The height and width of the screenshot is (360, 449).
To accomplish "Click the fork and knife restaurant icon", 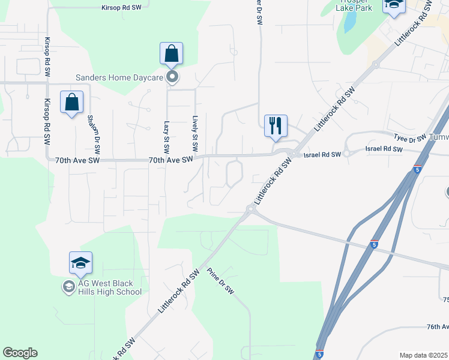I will (x=276, y=126).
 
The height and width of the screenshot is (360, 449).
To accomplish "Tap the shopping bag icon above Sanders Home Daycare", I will (x=172, y=54).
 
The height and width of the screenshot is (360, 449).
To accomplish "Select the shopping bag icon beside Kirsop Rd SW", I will (x=72, y=103).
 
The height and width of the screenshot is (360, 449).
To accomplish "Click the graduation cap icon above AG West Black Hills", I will (x=80, y=263).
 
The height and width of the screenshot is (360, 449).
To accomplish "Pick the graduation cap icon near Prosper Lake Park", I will (x=394, y=5).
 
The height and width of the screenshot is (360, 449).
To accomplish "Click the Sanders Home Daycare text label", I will (x=120, y=77).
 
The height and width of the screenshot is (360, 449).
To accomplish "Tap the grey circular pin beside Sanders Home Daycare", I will (x=172, y=77).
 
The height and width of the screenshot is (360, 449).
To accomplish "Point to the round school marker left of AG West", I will (x=68, y=287).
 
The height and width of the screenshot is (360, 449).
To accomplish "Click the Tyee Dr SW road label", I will (x=410, y=138).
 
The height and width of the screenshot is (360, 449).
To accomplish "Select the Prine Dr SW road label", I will (x=220, y=281).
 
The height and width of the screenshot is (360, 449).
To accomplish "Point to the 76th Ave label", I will (x=438, y=326).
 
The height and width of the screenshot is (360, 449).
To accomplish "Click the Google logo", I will (x=20, y=353).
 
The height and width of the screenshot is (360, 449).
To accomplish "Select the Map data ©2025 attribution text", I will (x=423, y=355).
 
